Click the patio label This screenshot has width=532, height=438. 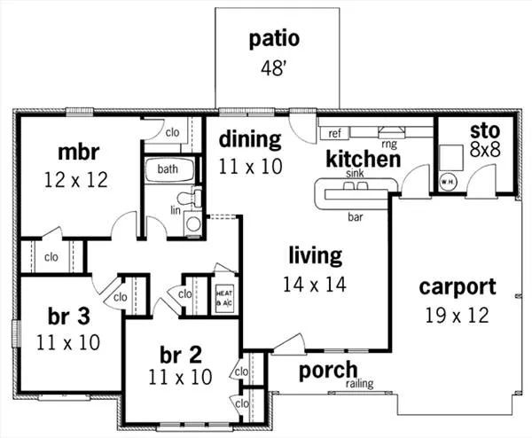[x=274, y=39]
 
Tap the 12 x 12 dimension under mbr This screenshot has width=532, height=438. [x=75, y=180]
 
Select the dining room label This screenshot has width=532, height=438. [x=250, y=139]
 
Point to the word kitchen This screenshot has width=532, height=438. [x=363, y=160]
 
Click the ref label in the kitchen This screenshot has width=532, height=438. [x=335, y=134]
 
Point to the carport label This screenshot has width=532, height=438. [x=458, y=287]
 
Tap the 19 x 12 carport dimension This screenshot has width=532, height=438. [x=458, y=314]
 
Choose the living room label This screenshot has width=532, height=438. [x=315, y=257]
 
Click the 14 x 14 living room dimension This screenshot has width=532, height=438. [x=315, y=285]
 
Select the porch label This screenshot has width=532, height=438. [x=327, y=370]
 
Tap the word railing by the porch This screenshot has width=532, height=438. [x=359, y=384]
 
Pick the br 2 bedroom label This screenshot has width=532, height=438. [x=181, y=355]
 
